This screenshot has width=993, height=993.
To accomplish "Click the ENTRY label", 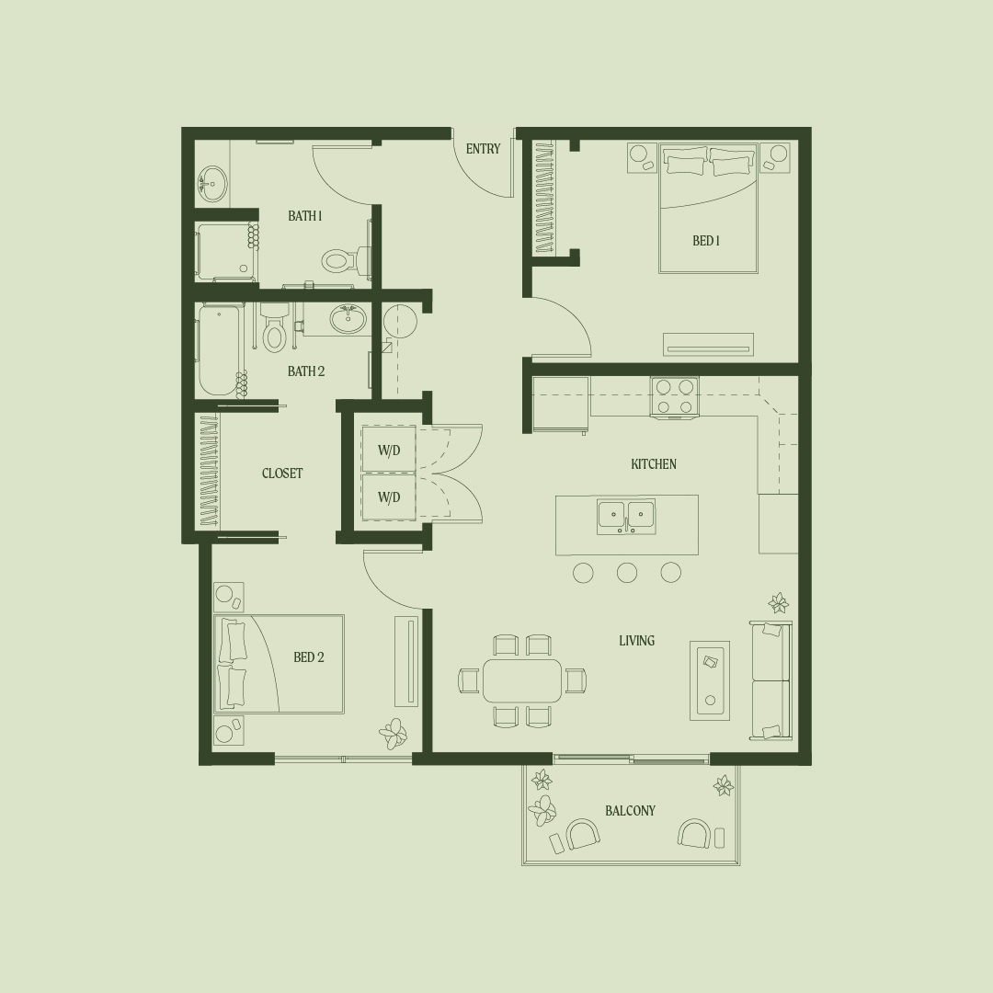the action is [484, 149].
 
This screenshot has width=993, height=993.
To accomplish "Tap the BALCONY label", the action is [630, 811].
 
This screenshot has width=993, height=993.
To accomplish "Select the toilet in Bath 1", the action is [346, 259].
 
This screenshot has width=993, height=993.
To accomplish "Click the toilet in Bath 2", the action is [274, 328].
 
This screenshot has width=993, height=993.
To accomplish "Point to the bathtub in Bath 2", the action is [219, 350].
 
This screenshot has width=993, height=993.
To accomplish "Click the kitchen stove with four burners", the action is [675, 397].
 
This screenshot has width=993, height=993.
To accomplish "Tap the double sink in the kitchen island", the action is [626, 516].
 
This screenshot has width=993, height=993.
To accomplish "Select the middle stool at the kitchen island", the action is [627, 573].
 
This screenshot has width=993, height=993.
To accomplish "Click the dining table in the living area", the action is [522, 680].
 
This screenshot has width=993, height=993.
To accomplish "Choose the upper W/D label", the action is [389, 451].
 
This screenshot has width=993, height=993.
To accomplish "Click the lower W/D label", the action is [389, 497].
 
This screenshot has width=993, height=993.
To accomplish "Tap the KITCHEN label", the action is [654, 464].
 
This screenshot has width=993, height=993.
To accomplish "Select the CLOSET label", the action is [282, 474].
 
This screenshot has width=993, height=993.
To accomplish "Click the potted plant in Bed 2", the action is [394, 734].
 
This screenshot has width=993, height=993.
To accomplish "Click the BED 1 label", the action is [706, 241].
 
